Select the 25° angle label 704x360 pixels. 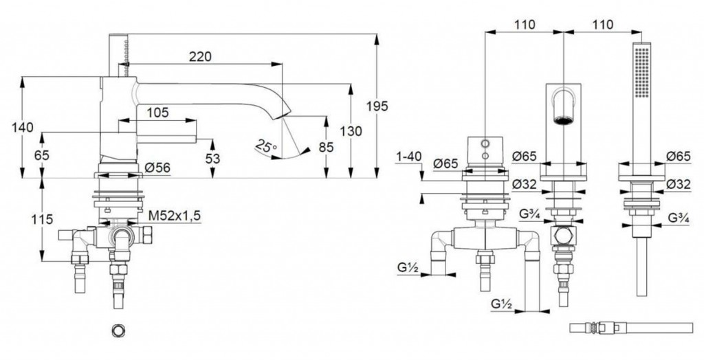coord(265,146)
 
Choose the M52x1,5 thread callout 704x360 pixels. coord(175,215)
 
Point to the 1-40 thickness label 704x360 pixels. coord(408,157)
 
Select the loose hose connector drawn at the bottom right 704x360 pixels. coord(598,328)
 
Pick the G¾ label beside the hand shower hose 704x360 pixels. coord(679,219)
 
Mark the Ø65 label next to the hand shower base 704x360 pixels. coord(678,157)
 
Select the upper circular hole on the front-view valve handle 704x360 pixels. coord(485,144)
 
